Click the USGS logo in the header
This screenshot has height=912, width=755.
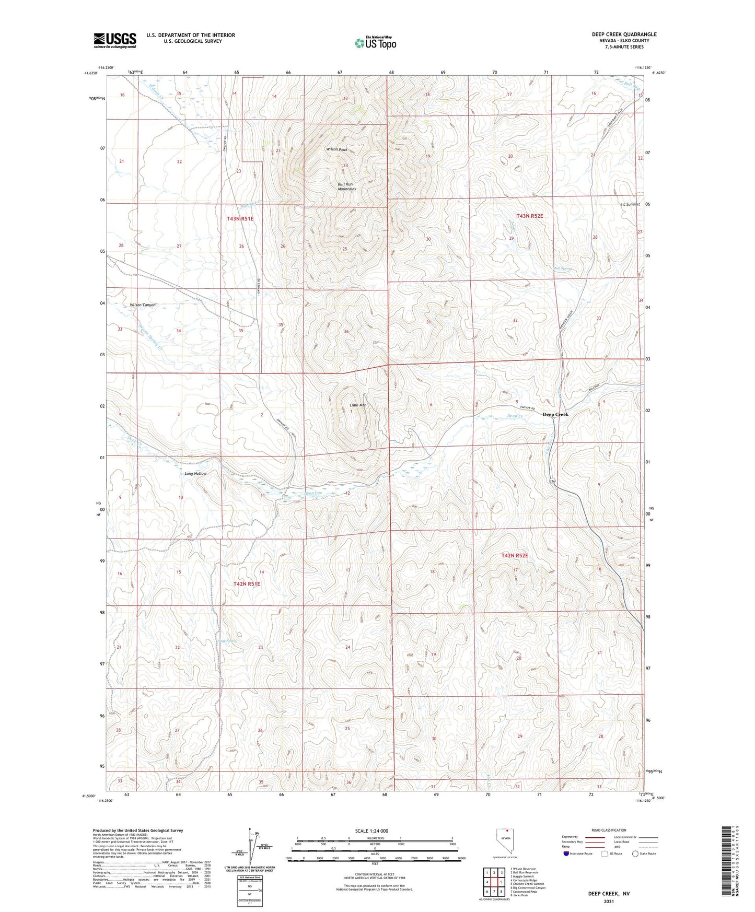point(114,40)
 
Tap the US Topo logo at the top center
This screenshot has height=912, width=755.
point(375,43)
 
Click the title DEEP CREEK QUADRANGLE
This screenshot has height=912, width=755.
point(624,34)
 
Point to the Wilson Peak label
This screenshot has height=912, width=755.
point(336,149)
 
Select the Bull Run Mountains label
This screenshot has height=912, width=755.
point(346,186)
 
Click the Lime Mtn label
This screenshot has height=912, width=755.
point(357,405)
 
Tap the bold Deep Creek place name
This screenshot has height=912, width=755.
point(555,414)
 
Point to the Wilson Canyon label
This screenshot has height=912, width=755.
point(143,305)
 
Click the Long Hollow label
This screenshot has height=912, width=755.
point(195,473)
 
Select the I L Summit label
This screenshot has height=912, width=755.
point(630,204)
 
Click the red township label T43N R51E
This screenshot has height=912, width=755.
point(240,219)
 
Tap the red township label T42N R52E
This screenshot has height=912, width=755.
point(515,555)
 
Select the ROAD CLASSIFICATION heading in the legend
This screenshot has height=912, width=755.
point(609,830)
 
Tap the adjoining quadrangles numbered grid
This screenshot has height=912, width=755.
point(494,882)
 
